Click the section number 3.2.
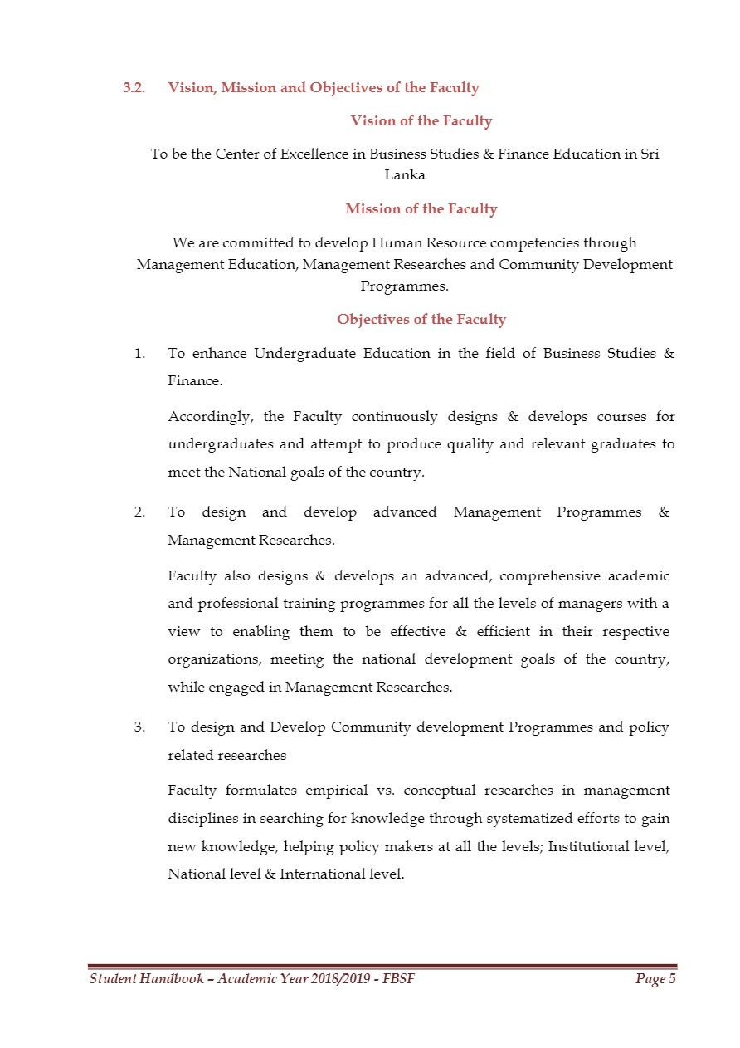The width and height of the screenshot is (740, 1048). (x=134, y=87)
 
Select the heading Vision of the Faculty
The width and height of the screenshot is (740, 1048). (x=421, y=121)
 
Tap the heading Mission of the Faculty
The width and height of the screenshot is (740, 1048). (x=421, y=209)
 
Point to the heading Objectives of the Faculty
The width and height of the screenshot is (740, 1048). (x=421, y=320)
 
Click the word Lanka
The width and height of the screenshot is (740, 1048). (x=405, y=175)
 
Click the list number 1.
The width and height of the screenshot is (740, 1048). (x=140, y=354)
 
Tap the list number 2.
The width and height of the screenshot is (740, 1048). (x=140, y=512)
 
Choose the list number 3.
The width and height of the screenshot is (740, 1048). (x=140, y=727)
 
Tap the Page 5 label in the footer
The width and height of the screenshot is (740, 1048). (x=655, y=980)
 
